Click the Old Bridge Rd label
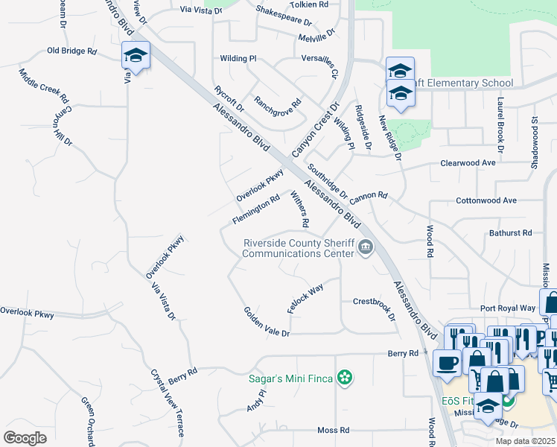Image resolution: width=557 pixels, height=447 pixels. [72, 51]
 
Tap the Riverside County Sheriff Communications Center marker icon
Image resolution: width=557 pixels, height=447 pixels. [365, 247]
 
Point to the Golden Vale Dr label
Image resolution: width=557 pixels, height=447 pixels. [266, 322]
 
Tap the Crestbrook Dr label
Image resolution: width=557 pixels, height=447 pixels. [373, 305]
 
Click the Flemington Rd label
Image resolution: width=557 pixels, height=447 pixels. [255, 209]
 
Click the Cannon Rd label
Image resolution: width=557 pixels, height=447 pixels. [368, 196]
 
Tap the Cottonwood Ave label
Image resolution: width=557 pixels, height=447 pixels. [486, 201]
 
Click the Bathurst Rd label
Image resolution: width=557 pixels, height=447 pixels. [510, 233]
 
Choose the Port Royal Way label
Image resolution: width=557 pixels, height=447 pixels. [508, 308]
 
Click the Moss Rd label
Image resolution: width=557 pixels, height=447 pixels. [333, 431]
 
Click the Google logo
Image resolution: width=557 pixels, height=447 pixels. [25, 437]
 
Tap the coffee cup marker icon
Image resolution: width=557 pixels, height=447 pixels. [447, 362]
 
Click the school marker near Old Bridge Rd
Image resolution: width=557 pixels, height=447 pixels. [136, 55]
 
